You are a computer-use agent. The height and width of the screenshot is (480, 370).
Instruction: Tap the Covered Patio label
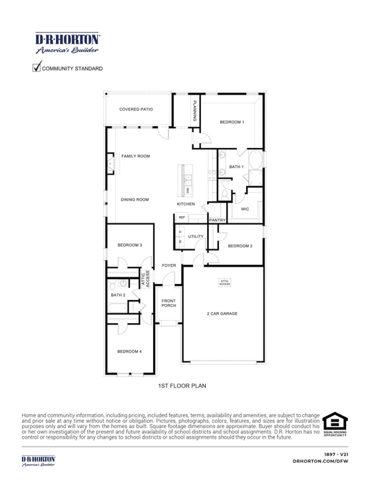(x=136, y=109)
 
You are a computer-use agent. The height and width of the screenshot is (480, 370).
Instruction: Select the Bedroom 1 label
(x=232, y=122)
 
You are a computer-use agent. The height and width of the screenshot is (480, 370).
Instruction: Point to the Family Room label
(x=136, y=156)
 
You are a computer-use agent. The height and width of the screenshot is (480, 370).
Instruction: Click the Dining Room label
(x=134, y=199)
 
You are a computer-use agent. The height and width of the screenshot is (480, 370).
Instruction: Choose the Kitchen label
(x=186, y=204)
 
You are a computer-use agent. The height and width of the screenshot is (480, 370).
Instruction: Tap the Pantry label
(x=218, y=219)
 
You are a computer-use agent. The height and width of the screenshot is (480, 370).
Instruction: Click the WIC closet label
(x=245, y=209)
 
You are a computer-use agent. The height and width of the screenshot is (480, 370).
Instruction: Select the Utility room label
(x=196, y=237)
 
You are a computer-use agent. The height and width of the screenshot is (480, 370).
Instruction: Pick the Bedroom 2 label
(x=240, y=246)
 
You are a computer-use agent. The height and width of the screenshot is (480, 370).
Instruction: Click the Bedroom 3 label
(x=130, y=245)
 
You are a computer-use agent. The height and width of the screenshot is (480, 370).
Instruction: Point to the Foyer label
(x=168, y=265)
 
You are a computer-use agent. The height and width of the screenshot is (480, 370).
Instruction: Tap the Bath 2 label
(x=118, y=294)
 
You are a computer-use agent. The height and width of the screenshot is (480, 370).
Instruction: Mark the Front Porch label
(x=169, y=303)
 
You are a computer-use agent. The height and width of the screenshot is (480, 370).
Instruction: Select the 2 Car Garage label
(x=222, y=313)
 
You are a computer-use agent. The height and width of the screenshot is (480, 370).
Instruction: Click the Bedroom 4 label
(x=130, y=351)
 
